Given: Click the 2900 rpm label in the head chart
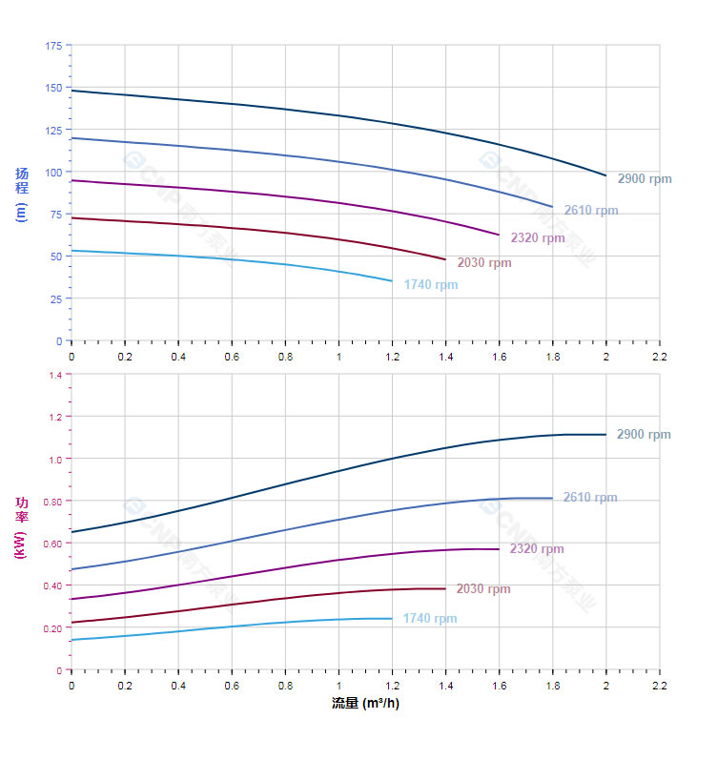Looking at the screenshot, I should pos(644,179).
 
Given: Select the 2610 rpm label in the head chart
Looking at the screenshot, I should pos(590,211).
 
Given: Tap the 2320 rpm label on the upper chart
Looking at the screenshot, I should pos(537,238).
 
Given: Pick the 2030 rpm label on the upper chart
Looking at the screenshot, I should pos(483,263).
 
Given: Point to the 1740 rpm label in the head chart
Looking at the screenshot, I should pos(430,285).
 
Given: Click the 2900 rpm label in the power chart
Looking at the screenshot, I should pos(644,435).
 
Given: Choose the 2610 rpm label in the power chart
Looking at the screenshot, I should pos(590,498).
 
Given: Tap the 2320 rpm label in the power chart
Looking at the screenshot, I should pos(537,549).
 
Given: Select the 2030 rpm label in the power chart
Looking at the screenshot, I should pos(483,589).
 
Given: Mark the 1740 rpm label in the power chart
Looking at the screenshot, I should pos(430,619).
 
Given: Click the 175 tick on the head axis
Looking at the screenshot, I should pos(53,46).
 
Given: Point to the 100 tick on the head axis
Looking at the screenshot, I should pos(53,173).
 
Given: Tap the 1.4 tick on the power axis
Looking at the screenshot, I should pos(54,375).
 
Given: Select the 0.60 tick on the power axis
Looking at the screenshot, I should pos(51,544).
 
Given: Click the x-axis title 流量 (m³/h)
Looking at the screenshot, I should pos(365,704).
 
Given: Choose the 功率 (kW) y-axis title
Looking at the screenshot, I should pos(22,526).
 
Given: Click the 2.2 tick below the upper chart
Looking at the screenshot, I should pos(659,356).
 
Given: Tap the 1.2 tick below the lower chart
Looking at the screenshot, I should pos(392,685).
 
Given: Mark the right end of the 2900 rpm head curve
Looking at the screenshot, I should pos(605,175).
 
